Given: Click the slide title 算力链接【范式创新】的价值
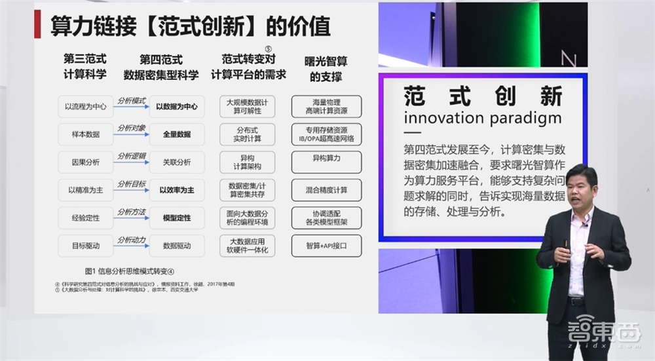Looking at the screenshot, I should point(191,26).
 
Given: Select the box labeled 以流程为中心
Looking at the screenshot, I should point(85,106).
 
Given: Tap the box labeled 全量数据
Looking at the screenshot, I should point(177,134).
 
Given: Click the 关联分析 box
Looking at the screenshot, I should point(177,162).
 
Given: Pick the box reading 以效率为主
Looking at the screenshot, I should point(177,190).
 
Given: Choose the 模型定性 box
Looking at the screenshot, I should point(177,218).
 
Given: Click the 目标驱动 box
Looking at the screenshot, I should point(85,246).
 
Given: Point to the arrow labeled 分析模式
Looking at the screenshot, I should point(131,105).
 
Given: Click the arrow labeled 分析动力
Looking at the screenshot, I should point(131,245).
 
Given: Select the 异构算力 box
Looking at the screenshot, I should point(326,159).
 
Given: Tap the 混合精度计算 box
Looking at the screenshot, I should point(326,190).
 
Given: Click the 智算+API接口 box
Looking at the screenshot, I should point(326,246).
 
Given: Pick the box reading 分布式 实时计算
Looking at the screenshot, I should point(248,134).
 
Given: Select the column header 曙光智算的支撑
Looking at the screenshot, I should point(326,68).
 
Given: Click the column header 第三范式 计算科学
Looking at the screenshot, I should point(85,66).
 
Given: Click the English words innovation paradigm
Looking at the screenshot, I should point(483,118).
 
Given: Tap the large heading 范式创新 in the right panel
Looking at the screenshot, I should point(483,96).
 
